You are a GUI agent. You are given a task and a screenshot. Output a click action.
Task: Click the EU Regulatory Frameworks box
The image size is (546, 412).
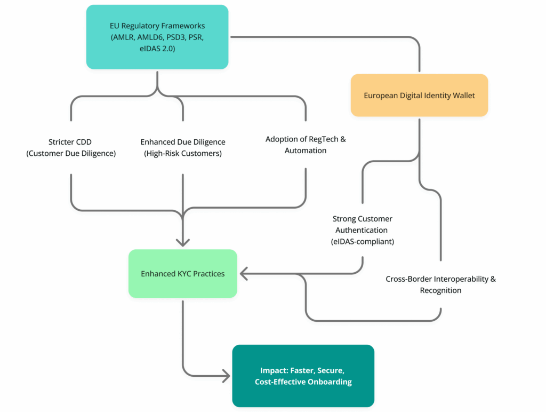coord(157,37)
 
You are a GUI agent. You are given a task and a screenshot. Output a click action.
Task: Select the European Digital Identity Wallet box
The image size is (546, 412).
coord(419,96)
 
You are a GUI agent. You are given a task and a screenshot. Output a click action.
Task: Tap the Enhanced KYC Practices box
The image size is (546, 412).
coord(182,273)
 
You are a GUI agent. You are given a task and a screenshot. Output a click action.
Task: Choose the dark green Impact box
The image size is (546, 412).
coord(303,376)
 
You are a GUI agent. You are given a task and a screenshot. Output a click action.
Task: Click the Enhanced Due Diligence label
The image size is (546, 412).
coord(183,148)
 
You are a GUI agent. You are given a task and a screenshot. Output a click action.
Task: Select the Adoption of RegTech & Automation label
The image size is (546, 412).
coord(306,145)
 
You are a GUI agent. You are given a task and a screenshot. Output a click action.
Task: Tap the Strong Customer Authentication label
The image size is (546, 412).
coord(363,230)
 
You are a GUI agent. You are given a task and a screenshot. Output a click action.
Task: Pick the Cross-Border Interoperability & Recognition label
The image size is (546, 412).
coord(440,284)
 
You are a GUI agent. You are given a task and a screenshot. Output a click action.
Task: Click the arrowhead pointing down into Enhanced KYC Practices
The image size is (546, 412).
coord(183,242)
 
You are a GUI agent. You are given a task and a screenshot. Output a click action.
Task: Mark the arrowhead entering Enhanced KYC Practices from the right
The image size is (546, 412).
coord(244,274)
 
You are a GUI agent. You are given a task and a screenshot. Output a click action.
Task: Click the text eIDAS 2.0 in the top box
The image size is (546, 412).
coord(157,49)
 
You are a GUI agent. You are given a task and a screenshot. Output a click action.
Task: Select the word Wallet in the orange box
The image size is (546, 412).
coord(463,96)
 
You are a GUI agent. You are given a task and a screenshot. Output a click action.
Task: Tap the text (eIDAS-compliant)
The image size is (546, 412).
coord(363,241)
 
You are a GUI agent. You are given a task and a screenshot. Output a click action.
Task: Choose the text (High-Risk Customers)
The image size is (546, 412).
coord(183,154)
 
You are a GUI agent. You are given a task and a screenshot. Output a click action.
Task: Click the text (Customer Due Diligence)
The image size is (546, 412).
coord(70,154)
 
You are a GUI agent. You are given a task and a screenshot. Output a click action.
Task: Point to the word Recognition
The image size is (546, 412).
coord(440,290)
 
